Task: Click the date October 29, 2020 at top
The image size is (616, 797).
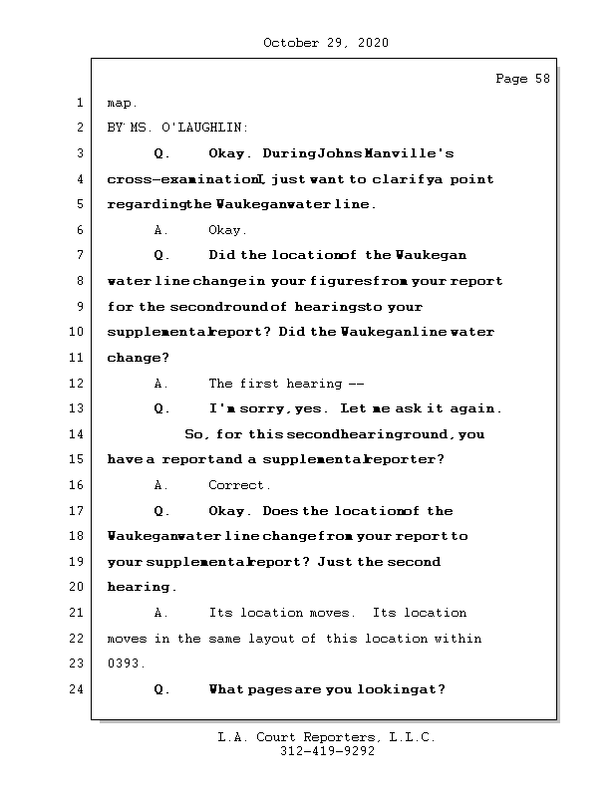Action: [x=325, y=43]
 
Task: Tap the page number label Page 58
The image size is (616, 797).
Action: [x=522, y=80]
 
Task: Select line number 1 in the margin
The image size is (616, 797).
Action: [x=79, y=103]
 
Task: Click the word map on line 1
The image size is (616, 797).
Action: [x=122, y=103]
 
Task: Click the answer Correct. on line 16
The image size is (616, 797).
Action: [x=239, y=485]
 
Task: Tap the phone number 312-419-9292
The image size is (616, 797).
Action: [x=327, y=752]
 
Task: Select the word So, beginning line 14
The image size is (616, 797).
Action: [x=197, y=434]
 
